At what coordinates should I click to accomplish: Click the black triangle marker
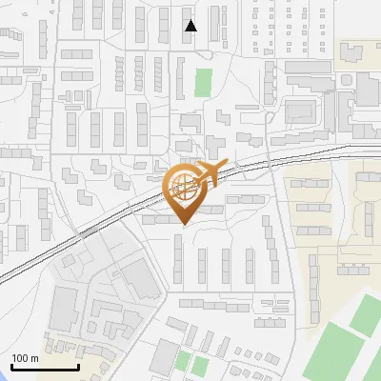(191, 26)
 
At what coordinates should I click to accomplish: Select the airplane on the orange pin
(211, 173)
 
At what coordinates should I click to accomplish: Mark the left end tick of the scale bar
(11, 366)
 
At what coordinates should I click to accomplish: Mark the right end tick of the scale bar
(77, 366)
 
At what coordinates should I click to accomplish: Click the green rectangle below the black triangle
(203, 82)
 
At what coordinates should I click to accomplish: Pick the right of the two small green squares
(199, 365)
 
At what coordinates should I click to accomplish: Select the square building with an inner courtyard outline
(303, 109)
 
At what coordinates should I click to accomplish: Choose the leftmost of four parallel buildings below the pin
(178, 260)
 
